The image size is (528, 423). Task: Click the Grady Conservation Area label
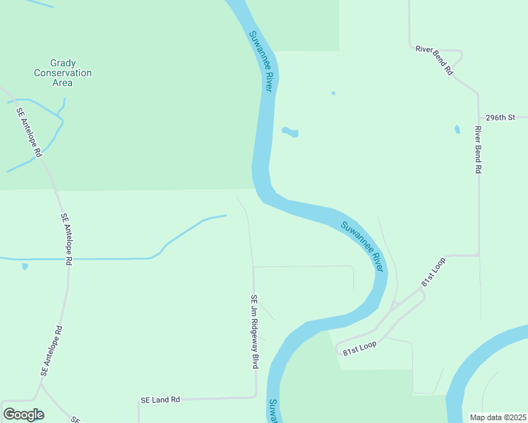click(63, 73)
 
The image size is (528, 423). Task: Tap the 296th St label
click(501, 117)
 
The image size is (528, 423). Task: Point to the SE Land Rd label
click(160, 400)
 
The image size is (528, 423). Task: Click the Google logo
click(23, 415)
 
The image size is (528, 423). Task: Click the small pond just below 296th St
click(457, 130)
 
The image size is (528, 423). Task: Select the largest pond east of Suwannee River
click(290, 132)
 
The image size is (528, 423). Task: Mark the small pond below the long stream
click(25, 266)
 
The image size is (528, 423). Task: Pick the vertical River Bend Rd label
click(478, 149)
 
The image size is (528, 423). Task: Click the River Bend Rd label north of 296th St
click(434, 59)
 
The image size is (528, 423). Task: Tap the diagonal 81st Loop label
click(433, 271)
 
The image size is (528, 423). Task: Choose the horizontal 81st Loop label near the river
click(359, 348)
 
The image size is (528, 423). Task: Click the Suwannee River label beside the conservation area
click(260, 61)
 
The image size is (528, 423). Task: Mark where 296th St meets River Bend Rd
click(478, 118)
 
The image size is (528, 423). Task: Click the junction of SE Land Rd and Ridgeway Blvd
click(255, 397)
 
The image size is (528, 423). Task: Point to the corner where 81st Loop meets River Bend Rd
click(479, 255)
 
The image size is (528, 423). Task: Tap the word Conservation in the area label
click(63, 73)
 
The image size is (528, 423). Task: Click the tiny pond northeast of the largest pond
click(333, 93)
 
